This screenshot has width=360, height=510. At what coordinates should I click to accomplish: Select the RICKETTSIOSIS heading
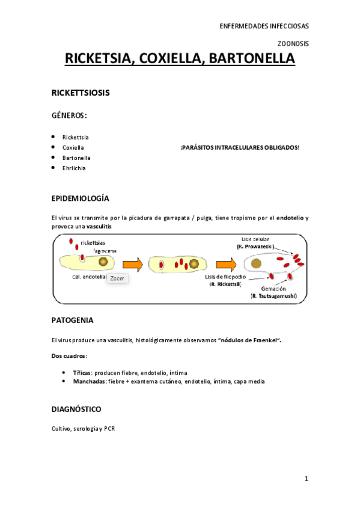pos(80,94)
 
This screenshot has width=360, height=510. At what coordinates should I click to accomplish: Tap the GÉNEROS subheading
pos(69,115)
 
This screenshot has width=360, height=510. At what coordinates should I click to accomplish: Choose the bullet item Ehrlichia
pos(74,168)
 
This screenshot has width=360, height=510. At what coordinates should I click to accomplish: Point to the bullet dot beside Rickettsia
pos(53,137)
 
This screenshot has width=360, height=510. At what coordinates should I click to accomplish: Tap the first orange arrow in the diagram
pos(132,263)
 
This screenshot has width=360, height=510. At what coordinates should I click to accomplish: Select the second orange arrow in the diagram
pos(225,263)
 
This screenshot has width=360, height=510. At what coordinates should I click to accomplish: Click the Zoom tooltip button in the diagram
pos(117,278)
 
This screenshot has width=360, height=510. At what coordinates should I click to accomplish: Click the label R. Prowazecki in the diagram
pos(255,247)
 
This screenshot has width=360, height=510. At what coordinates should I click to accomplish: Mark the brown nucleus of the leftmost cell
pos(104,262)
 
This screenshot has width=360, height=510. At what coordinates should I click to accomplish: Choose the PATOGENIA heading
pos(72,320)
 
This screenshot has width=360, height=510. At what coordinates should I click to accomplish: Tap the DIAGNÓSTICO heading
pos(76,409)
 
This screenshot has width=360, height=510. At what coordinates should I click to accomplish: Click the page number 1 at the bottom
pos(306,479)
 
